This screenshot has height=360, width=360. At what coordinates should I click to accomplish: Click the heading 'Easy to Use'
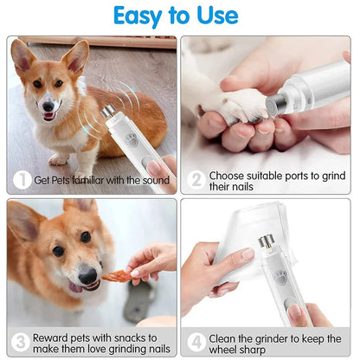click(180, 16)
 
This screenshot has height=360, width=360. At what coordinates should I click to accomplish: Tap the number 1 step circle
click(22, 180)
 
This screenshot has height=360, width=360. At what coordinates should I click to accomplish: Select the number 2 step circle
click(196, 180)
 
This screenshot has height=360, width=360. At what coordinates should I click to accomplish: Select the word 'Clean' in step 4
click(227, 337)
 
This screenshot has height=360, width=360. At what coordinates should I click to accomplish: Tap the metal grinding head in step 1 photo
click(107, 112)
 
